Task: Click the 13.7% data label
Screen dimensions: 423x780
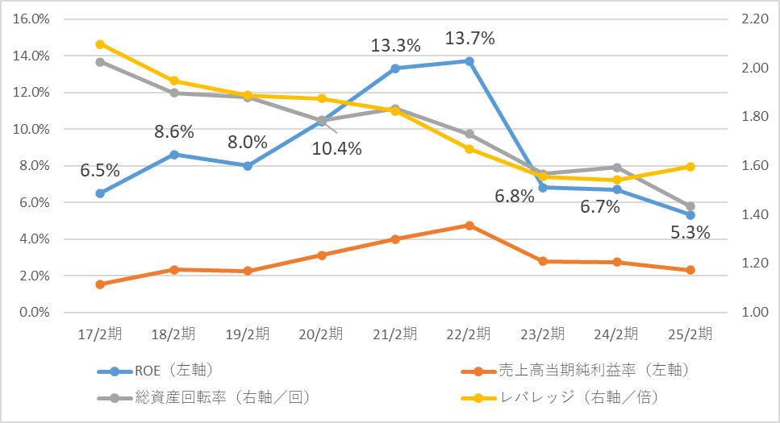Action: point(469,39)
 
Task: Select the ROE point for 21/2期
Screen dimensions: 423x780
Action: point(395,68)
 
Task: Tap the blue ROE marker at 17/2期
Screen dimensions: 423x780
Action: point(100,193)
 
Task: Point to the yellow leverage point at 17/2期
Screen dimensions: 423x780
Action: point(100,44)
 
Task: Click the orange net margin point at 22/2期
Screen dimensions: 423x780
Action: point(469,226)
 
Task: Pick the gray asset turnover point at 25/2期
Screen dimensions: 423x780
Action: point(690,206)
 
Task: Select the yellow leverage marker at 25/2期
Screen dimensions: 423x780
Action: point(690,167)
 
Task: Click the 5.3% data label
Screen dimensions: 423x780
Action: point(690,233)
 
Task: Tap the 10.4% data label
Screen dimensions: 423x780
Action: point(336,148)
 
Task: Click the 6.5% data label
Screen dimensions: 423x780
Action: point(100,171)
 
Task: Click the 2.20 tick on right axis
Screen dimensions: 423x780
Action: point(748,19)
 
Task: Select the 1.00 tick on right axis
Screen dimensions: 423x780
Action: point(748,313)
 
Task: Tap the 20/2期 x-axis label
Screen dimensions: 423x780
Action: point(321,334)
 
